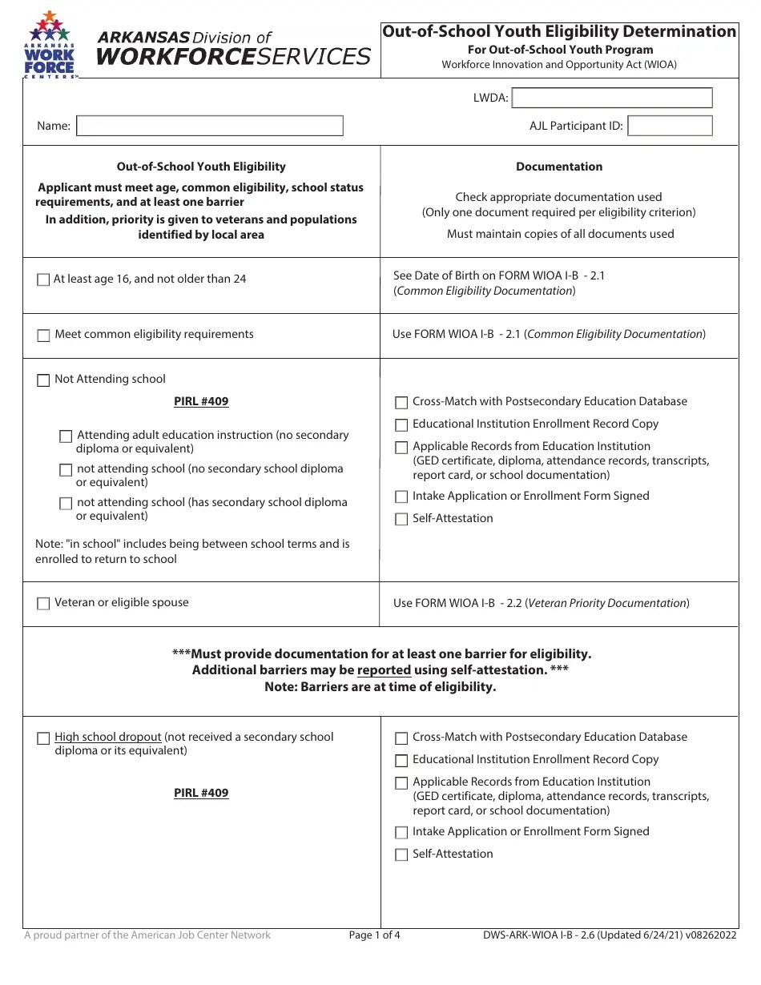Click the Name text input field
click(209, 126)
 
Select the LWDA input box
click(611, 98)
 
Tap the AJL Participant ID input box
click(670, 126)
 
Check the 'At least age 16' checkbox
click(43, 280)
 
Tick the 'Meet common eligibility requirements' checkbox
click(43, 336)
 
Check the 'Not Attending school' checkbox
click(43, 380)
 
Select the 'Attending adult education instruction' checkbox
click(66, 436)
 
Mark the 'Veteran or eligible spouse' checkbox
click(43, 604)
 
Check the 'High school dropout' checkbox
click(43, 738)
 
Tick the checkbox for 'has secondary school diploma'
click(66, 504)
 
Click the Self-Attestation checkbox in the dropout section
click(401, 854)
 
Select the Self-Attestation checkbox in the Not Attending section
click(401, 519)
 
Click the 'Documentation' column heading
click(559, 167)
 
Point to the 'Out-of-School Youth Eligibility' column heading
click(201, 167)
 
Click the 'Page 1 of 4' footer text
click(374, 935)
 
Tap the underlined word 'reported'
click(384, 670)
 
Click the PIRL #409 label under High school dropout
click(201, 793)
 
